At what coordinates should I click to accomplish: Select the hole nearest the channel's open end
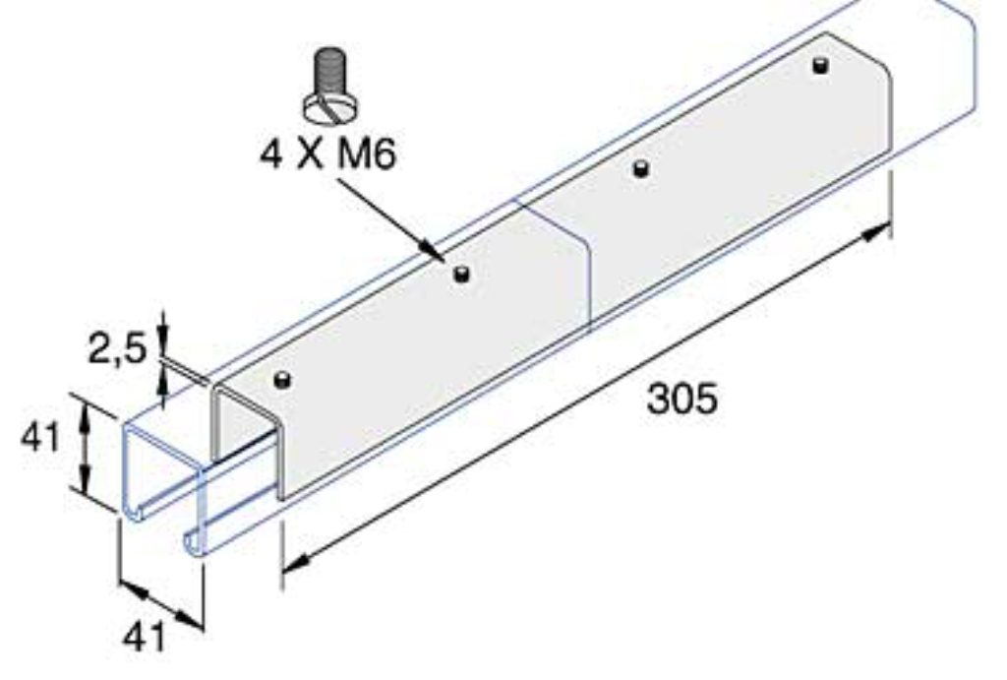tap(282, 381)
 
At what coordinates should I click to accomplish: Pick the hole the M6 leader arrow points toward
tap(458, 275)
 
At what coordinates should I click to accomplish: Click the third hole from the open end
tap(640, 169)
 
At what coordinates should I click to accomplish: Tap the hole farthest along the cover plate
tap(821, 66)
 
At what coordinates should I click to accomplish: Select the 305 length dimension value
tap(681, 399)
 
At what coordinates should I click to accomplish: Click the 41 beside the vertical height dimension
tap(42, 439)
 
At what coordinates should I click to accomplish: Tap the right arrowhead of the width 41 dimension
tap(196, 620)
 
